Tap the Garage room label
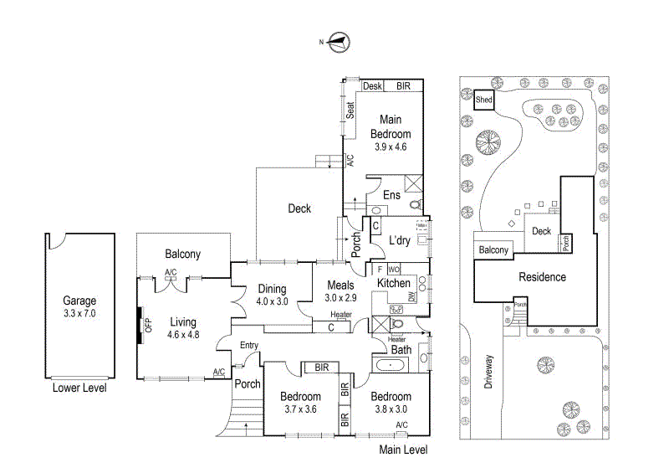80,306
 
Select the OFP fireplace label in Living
148,324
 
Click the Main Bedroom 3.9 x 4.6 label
391,133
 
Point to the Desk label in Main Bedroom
373,86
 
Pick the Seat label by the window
351,110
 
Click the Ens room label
391,195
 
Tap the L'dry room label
399,241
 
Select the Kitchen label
393,284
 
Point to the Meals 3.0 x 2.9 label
340,291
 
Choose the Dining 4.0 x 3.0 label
272,294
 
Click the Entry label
249,345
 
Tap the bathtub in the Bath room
391,366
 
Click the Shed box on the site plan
483,100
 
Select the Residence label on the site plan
542,277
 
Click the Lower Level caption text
79,388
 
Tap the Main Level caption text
403,450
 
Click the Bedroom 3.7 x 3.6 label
300,403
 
